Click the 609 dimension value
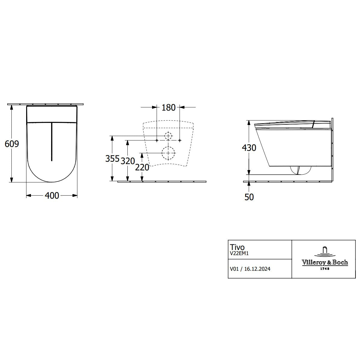click(12, 144)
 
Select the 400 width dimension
click(52, 196)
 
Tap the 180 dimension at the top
click(168, 107)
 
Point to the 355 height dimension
click(112, 159)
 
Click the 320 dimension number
click(127, 161)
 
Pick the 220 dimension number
click(142, 167)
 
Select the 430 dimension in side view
click(249, 148)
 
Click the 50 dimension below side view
click(249, 197)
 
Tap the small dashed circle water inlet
click(168, 136)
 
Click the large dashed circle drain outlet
click(168, 153)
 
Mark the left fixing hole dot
click(157, 140)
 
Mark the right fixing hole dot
click(180, 140)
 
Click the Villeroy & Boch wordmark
click(325, 262)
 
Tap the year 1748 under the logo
click(325, 269)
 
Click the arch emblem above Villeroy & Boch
click(325, 251)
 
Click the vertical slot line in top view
click(52, 142)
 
